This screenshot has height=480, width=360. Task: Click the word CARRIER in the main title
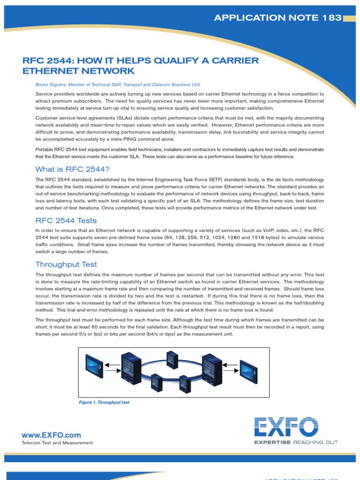coord(232,61)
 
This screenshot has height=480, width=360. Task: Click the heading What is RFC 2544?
coord(72,169)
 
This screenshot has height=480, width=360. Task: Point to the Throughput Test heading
coord(66,264)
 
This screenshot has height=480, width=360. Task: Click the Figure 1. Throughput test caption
coord(104,402)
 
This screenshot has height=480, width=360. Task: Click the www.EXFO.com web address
coord(52,435)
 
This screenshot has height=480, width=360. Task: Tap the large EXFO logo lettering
coord(286,427)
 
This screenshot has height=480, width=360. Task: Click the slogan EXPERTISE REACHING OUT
coord(295,442)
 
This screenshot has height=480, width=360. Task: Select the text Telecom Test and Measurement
coord(58,442)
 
